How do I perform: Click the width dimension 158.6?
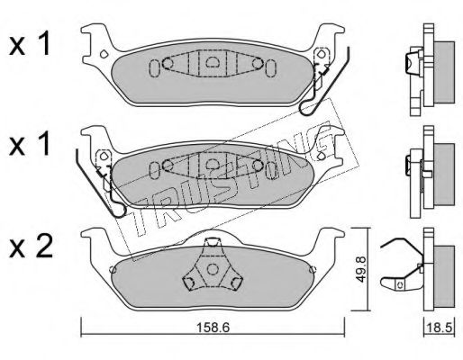tap(213, 328)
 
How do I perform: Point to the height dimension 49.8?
tap(360, 269)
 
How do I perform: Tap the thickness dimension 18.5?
tap(440, 328)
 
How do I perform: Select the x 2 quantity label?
tap(31, 249)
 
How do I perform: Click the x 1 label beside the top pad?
tap(29, 45)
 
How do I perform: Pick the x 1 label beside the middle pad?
tap(29, 144)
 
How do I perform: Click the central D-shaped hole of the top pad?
tap(212, 61)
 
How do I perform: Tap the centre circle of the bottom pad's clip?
tap(213, 269)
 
